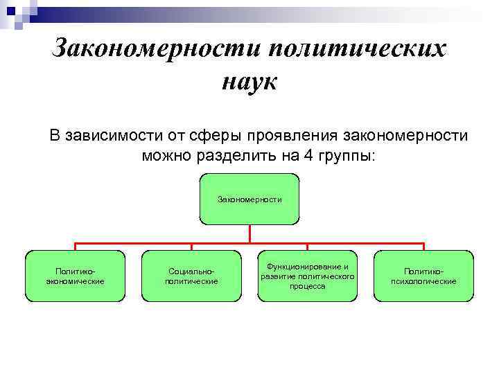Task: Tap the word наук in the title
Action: (x=249, y=82)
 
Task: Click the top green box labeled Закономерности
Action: (x=249, y=199)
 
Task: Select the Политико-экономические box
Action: (x=75, y=276)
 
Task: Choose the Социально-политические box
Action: (x=191, y=276)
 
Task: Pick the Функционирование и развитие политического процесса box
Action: (x=308, y=276)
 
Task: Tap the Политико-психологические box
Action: (x=424, y=276)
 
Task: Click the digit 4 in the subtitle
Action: (x=307, y=156)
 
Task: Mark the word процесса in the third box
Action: (x=308, y=286)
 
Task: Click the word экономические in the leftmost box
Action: (x=75, y=281)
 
